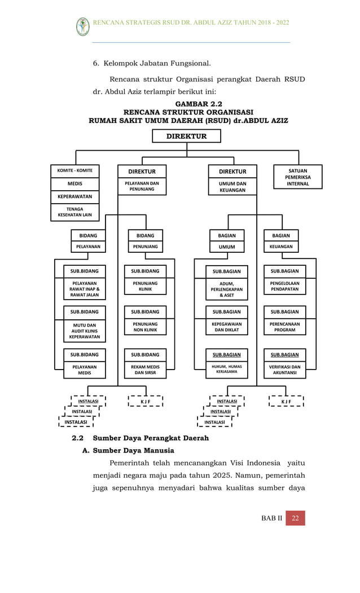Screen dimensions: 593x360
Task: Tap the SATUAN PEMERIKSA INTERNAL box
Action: tap(297, 177)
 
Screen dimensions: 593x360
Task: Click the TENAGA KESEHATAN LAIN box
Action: tap(75, 212)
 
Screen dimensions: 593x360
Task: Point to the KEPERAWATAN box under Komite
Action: tap(75, 197)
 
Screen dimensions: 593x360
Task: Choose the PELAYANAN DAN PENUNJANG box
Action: tap(142, 187)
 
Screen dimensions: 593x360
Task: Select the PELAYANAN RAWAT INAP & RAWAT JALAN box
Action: tap(85, 289)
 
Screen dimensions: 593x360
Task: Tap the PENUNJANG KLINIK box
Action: tap(145, 286)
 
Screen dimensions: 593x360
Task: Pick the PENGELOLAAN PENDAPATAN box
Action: tap(285, 286)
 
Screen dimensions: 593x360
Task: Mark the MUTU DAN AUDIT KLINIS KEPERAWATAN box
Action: tap(85, 331)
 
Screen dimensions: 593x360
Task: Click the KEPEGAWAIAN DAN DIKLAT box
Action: tap(226, 327)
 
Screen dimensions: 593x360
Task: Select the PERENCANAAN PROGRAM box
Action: tap(285, 327)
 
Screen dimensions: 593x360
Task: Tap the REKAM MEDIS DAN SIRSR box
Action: tap(145, 370)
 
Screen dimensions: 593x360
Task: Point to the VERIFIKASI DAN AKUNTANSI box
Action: tap(285, 370)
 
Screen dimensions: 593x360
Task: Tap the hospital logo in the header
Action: tap(83, 26)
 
